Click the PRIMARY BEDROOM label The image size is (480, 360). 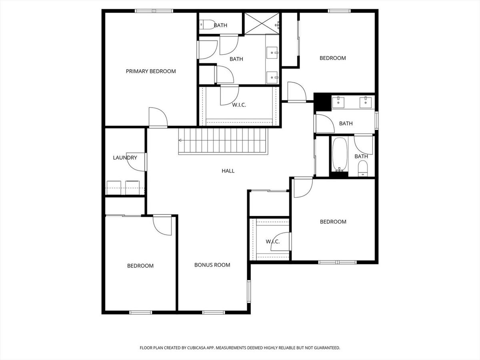pos(151,71)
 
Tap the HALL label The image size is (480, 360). pos(228,171)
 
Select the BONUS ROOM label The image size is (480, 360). pos(212,265)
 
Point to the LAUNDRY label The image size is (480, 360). pos(125,158)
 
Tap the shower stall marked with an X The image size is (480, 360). pos(262,23)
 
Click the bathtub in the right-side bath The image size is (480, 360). pos(340,155)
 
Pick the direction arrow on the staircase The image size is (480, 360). pos(180,140)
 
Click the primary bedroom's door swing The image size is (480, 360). pos(158,117)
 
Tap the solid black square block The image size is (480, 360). pos(322,102)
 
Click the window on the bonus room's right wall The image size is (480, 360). pos(249,291)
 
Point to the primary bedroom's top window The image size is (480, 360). pos(154,11)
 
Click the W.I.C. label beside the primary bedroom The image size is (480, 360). pos(239,105)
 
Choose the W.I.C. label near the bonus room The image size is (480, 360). pos(273,242)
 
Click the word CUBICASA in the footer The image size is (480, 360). pos(196,348)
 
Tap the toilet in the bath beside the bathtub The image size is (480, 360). pos(363,168)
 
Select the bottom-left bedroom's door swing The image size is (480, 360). pos(162,225)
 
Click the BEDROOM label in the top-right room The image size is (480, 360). pos(333,58)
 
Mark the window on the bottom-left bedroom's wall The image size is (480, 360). pos(141,312)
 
